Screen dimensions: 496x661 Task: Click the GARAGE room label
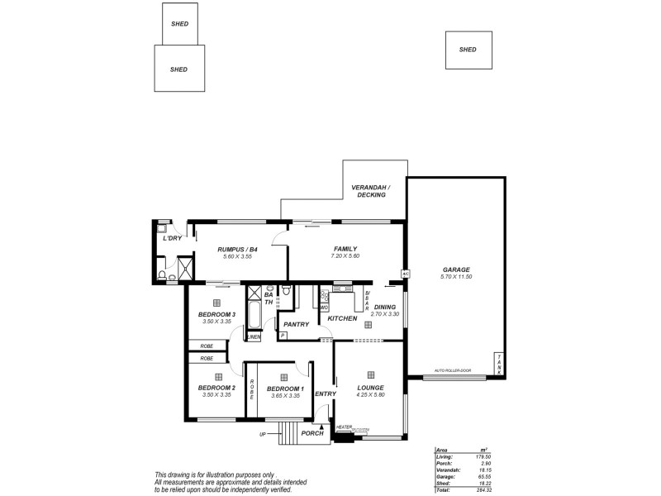pos(455,269)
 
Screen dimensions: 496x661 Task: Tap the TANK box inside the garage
pos(499,364)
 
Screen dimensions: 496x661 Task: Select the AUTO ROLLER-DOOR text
pos(452,371)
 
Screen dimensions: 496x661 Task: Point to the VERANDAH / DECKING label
pos(371,191)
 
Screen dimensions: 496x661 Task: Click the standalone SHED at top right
pos(468,50)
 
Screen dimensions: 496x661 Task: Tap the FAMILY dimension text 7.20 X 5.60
pos(345,256)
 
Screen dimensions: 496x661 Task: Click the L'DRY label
pos(172,238)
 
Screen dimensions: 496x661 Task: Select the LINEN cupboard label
pos(254,337)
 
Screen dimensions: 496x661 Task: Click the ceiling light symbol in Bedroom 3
pos(217,303)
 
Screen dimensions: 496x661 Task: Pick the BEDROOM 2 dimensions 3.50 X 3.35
pos(217,395)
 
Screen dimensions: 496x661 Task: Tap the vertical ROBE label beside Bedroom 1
pos(252,389)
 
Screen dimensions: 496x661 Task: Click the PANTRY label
pos(296,324)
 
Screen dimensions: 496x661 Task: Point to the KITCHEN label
pos(342,318)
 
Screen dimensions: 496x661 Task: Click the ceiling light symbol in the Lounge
pos(370,374)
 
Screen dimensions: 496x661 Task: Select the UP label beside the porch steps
pos(263,434)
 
